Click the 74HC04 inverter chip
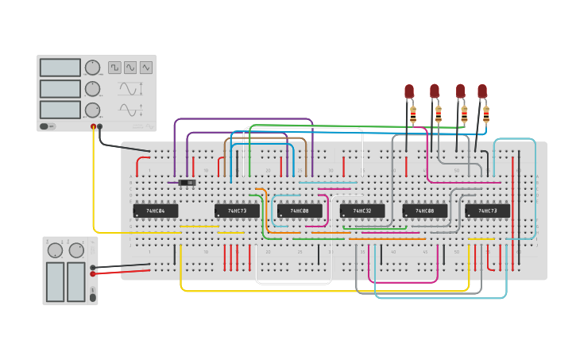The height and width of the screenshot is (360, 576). tap(155, 211)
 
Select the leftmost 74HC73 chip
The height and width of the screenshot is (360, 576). tap(237, 211)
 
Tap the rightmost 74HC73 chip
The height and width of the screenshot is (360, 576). tap(488, 211)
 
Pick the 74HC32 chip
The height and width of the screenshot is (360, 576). tap(362, 211)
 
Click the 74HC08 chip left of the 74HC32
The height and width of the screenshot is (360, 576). tap(300, 211)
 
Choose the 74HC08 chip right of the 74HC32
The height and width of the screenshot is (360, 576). tap(425, 211)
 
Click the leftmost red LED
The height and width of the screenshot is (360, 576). tap(409, 91)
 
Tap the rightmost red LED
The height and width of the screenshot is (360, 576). tap(482, 91)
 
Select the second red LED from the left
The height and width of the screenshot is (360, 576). tap(435, 91)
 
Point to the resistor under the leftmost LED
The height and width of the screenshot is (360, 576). tap(413, 115)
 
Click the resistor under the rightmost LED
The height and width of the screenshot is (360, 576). tap(486, 115)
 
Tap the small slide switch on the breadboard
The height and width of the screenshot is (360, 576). tap(187, 183)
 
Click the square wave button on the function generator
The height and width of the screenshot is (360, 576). tap(115, 68)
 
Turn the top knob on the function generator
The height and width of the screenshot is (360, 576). tap(93, 68)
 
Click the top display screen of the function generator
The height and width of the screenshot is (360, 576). tap(60, 68)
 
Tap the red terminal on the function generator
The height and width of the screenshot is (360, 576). tap(94, 126)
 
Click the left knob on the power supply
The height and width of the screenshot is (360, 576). tap(55, 250)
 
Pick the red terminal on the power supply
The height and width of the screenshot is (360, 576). tap(93, 273)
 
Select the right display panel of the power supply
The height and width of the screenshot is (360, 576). tap(76, 282)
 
